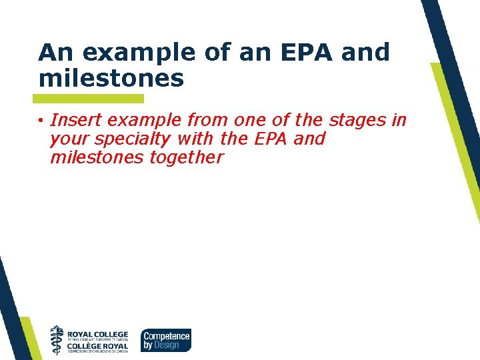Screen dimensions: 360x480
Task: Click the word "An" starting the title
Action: pos(52,52)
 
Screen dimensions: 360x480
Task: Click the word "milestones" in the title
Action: pos(111,79)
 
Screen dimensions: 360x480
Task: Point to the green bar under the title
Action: pos(91,99)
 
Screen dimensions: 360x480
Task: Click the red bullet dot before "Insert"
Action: pos(41,121)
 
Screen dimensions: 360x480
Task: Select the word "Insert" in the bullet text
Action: pos(74,120)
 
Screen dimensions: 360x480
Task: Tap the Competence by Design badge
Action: pos(165,340)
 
